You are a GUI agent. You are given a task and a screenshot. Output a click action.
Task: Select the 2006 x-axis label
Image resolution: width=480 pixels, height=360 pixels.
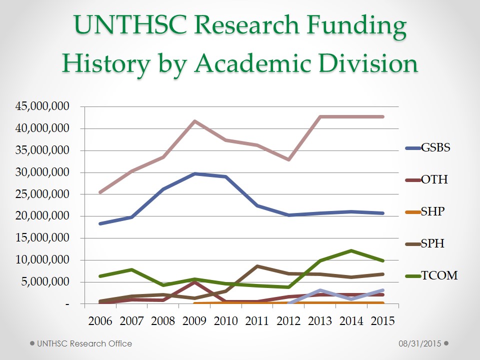point(100,320)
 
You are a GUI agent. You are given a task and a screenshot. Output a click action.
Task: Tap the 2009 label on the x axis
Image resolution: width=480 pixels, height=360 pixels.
point(194,320)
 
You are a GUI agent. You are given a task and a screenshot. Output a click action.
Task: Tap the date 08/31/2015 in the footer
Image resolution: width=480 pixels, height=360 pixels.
point(419,343)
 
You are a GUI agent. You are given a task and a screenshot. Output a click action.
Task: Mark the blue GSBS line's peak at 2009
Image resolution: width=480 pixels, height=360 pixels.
point(194,173)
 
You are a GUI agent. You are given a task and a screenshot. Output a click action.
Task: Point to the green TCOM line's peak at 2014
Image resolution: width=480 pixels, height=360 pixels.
point(351,250)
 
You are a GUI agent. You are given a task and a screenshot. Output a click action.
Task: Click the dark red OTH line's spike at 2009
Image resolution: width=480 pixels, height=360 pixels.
point(194,282)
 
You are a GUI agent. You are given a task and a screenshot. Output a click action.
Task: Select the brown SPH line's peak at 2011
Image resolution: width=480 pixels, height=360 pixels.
point(257,266)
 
